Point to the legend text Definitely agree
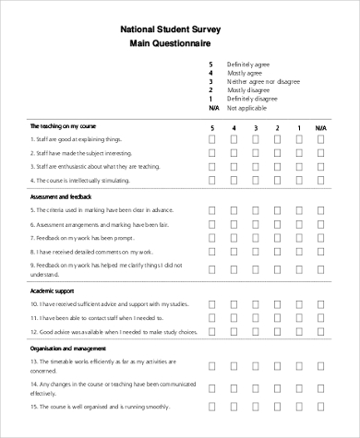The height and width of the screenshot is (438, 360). click(x=248, y=64)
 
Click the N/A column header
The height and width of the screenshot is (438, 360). click(x=320, y=128)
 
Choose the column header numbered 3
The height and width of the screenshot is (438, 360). click(x=255, y=128)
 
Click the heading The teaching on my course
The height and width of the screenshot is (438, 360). click(x=64, y=125)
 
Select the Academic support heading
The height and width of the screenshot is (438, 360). click(x=53, y=290)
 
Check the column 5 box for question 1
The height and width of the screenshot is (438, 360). click(x=211, y=139)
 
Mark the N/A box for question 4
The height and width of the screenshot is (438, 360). click(x=320, y=181)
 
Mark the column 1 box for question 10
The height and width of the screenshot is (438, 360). click(x=298, y=303)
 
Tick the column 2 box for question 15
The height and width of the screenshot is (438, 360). click(x=276, y=406)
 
